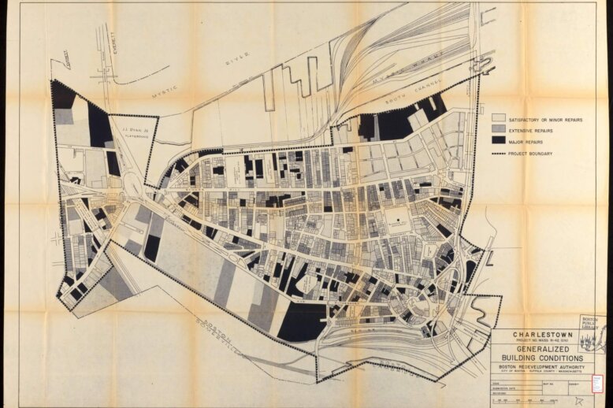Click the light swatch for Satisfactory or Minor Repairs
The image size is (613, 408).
[498, 119]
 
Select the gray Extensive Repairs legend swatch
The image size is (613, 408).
[498, 129]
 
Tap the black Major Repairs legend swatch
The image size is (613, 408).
[498, 140]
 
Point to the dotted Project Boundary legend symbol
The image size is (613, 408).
[498, 153]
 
